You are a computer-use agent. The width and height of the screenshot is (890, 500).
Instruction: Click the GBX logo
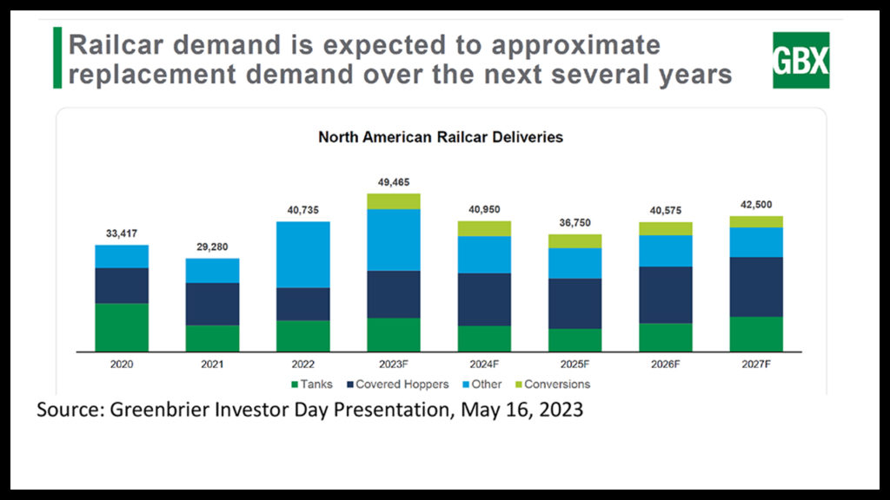[800, 60]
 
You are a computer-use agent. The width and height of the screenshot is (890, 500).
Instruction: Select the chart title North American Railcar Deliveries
[440, 137]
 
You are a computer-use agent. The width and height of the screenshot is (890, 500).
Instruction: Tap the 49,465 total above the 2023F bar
[394, 181]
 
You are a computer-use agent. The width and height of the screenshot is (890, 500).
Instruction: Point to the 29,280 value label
[212, 247]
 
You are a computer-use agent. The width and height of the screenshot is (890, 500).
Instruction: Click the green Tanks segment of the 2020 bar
[122, 327]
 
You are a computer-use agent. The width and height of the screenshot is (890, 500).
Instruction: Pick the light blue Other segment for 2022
[303, 254]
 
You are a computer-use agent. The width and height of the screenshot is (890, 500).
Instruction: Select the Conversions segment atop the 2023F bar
[394, 201]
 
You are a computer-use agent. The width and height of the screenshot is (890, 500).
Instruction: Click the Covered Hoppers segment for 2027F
[756, 287]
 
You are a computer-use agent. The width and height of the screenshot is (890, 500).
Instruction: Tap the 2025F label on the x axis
[575, 364]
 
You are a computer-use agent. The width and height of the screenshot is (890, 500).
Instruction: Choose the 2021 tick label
[212, 364]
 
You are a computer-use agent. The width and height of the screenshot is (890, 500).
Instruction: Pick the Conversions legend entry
[554, 385]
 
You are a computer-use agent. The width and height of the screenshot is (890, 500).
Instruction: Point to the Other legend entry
[486, 385]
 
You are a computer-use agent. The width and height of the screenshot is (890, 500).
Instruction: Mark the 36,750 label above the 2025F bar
[575, 222]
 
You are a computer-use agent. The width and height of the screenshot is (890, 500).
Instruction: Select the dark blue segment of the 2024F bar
[484, 299]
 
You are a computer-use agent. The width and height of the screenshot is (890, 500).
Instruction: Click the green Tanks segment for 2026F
[666, 337]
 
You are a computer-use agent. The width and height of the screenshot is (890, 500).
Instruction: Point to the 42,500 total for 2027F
[756, 204]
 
